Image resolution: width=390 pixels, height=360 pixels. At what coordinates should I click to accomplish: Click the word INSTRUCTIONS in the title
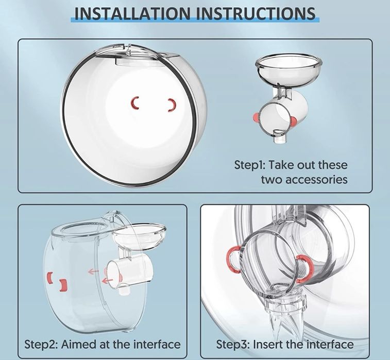tap(256, 13)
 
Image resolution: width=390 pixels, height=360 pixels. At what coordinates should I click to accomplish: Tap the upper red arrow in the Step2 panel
tap(94, 271)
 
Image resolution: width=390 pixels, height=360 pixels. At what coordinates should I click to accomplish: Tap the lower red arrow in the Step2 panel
tap(108, 281)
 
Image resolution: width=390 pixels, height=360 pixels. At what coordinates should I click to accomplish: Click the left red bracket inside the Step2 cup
tap(49, 277)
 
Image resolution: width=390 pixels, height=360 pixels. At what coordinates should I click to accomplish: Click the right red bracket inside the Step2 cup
tap(64, 285)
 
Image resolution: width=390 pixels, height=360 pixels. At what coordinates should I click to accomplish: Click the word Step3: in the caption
tap(232, 345)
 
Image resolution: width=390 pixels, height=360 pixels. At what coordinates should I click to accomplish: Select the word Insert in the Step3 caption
tap(267, 345)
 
